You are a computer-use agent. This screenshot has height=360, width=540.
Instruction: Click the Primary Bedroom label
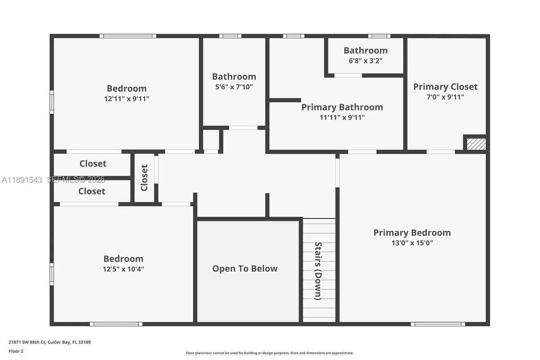pos(412,233)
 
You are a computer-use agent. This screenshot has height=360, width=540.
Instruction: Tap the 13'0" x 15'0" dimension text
pos(412,243)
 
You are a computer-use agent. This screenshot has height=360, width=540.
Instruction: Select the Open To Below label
pos(245,269)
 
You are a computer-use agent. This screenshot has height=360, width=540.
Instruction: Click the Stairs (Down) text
pos(318,271)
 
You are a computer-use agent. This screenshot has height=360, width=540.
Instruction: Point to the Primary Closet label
pos(445,87)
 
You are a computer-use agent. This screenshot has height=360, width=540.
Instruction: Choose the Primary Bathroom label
pos(342,107)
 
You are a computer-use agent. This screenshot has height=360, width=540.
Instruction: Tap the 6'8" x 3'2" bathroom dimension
pos(365,60)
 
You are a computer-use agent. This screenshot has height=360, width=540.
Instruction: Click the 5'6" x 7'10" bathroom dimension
pos(234,86)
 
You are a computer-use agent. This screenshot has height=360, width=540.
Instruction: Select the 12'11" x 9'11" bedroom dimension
pos(126,99)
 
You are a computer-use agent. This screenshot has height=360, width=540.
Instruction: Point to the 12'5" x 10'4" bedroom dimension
pos(123,269)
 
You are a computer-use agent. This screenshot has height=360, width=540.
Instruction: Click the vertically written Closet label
pos(144,178)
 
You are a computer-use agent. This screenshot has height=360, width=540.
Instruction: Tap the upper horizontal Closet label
pos(93,164)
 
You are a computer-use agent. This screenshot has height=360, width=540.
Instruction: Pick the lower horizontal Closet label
pos(92,191)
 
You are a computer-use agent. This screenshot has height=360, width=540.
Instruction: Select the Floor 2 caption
pos(16,351)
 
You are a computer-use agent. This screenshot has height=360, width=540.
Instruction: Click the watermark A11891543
pos(22,180)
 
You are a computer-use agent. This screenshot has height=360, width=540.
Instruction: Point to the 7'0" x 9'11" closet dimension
pos(445,97)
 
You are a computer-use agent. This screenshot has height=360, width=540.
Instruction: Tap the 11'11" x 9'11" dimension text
pos(342,117)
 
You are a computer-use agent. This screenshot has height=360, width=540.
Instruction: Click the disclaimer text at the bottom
pos(270,353)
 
